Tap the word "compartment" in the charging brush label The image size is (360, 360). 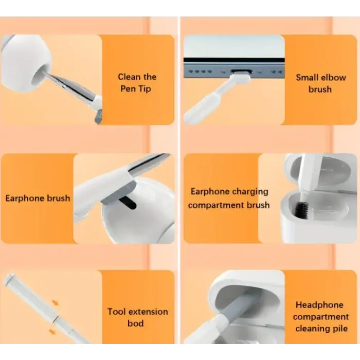pyautogui.click(x=216, y=205)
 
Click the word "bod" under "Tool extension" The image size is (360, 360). pyautogui.click(x=135, y=323)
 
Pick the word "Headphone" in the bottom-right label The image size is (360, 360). pyautogui.click(x=319, y=305)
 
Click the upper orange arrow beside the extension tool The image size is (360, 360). pyautogui.click(x=55, y=302)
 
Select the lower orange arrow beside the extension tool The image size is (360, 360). pyautogui.click(x=52, y=331)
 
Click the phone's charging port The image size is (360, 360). pyautogui.click(x=241, y=71)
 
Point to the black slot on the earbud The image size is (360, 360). pyautogui.click(x=128, y=203)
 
